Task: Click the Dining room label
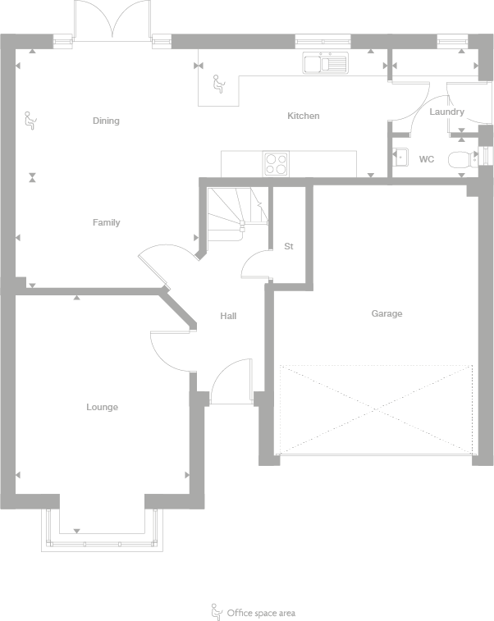point(106,121)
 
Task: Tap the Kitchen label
point(303,116)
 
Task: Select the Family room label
point(106,222)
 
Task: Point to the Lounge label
point(103,407)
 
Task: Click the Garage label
point(387,313)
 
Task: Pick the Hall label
point(228,315)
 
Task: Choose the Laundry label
point(446,112)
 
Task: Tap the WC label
point(427,159)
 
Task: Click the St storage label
point(289,246)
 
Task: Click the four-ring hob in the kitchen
point(276,164)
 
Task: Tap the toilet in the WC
point(461,159)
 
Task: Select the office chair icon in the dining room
point(30,121)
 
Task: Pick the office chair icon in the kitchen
point(218,84)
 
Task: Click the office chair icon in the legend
point(217,611)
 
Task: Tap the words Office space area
point(261,613)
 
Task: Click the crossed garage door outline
point(377,409)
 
